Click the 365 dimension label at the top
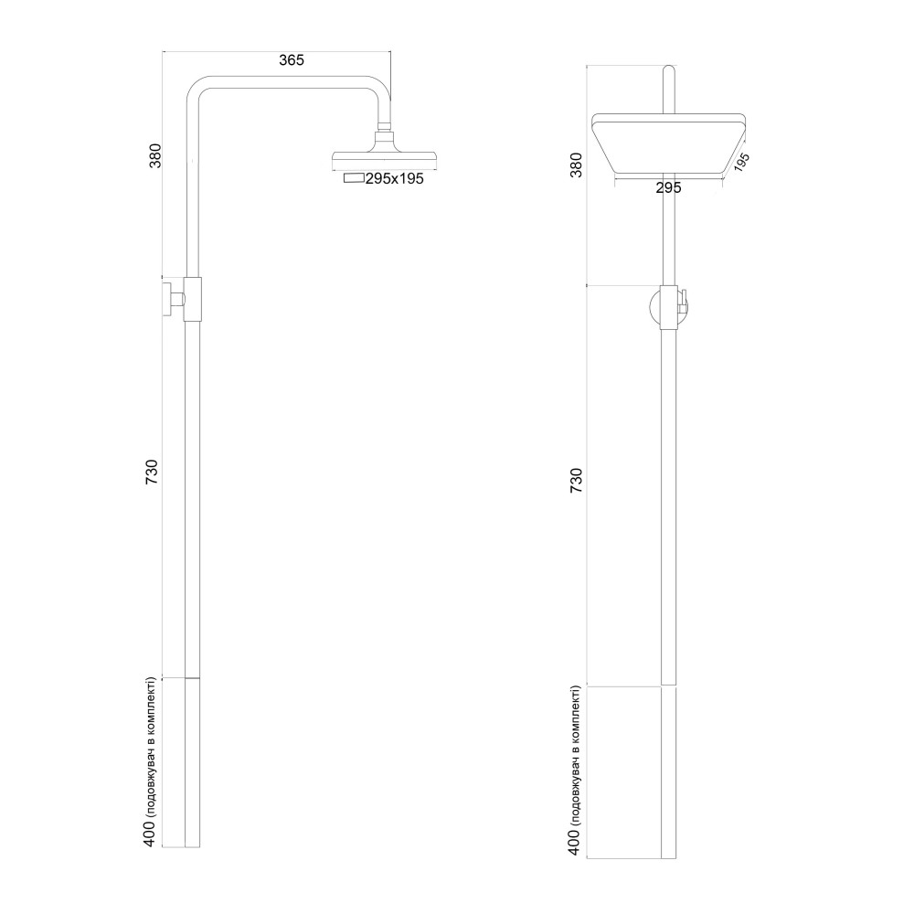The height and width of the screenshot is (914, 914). coord(291,60)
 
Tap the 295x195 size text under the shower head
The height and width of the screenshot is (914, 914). coord(394,180)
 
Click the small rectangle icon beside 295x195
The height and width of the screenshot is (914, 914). coord(353,179)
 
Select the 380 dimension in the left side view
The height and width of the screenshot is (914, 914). coord(155,155)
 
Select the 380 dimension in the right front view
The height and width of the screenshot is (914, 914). coord(576,165)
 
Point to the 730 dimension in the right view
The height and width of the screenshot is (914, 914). coord(576,480)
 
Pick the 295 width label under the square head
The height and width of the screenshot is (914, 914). coord(669,188)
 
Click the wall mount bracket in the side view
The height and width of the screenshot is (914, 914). coord(184,299)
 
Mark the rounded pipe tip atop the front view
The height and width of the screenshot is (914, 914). coord(669,71)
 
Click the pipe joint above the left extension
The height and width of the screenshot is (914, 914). coord(192,678)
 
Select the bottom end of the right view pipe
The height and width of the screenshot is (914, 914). coord(669,856)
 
